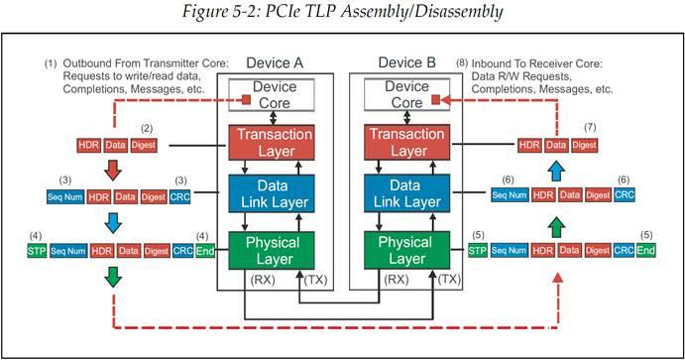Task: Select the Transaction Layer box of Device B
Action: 409,143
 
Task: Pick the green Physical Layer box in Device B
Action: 409,249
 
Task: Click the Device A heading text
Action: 272,63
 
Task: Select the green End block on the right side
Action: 646,252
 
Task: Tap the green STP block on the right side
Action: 478,252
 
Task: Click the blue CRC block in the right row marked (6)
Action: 625,196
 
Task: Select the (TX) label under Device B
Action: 449,280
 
